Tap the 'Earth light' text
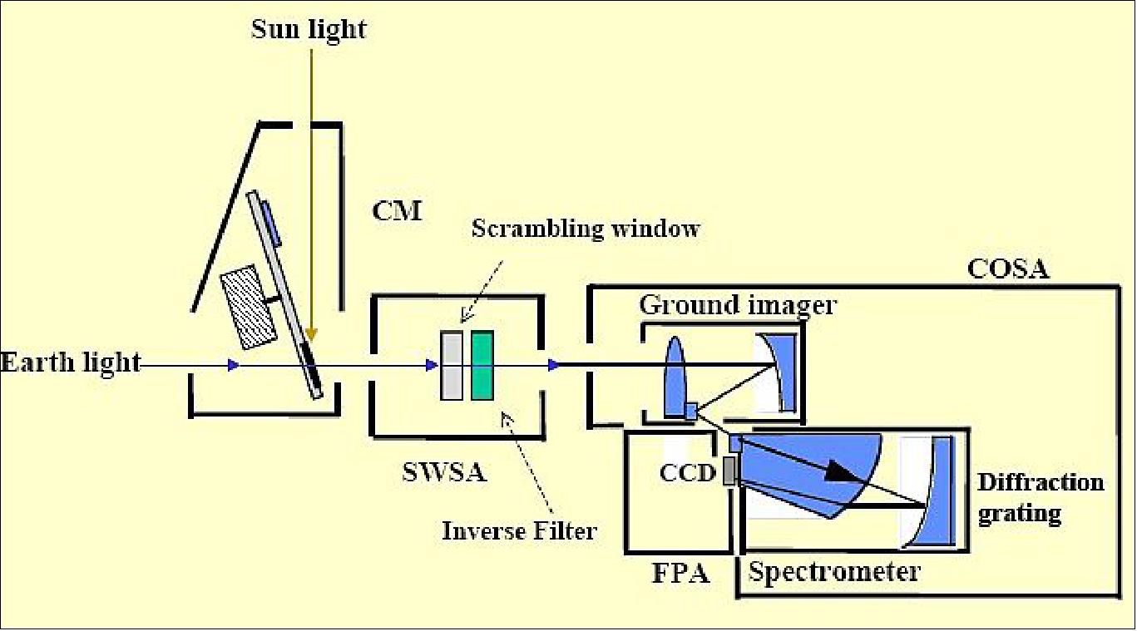[x=71, y=363]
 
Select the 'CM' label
[x=397, y=210]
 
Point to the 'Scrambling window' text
[x=586, y=229]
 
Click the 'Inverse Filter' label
[x=519, y=530]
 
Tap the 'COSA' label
[x=1008, y=269]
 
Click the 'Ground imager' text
[x=737, y=305]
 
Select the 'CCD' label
[x=687, y=472]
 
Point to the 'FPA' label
[x=681, y=573]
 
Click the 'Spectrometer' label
[x=834, y=572]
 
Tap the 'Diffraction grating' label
[x=1041, y=497]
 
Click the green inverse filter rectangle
[x=482, y=365]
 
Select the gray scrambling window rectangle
[x=452, y=366]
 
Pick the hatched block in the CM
[x=247, y=306]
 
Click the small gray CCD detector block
[x=729, y=471]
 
